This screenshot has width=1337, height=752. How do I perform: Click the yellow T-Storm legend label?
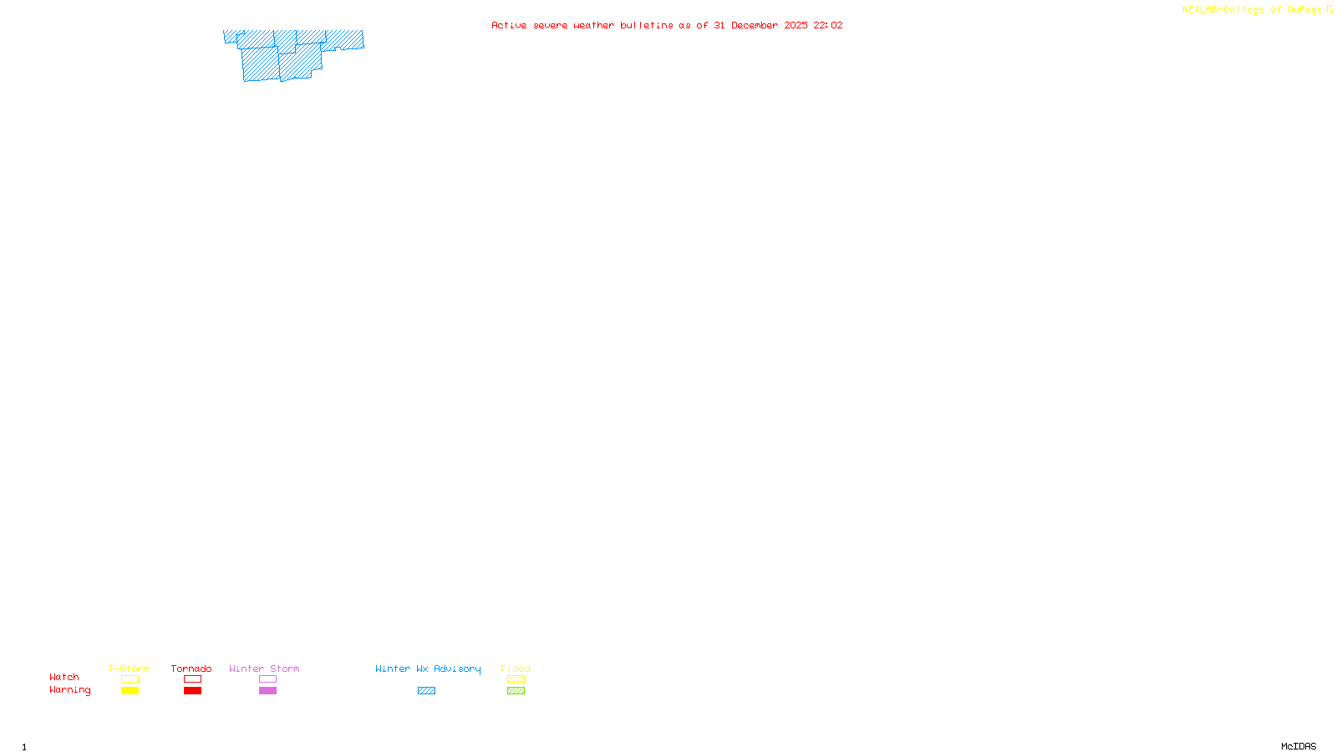click(129, 668)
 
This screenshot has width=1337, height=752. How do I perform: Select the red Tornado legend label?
click(191, 668)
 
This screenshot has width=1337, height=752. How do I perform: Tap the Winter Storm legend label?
click(264, 668)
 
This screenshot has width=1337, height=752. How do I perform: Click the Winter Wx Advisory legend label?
click(428, 668)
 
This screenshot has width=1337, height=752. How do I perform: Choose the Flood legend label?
click(516, 668)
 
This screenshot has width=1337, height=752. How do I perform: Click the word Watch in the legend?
click(64, 677)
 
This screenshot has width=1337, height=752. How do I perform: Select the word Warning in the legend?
click(70, 690)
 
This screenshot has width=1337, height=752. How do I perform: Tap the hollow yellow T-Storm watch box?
click(130, 679)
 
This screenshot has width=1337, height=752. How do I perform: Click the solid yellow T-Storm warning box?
click(130, 691)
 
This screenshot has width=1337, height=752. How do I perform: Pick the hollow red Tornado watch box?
click(192, 679)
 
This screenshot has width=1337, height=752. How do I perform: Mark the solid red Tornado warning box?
click(192, 691)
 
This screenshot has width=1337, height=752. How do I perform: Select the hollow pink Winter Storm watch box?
click(267, 679)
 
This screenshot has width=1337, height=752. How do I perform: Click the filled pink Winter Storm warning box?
click(267, 691)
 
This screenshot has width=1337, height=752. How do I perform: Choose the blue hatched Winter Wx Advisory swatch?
click(426, 691)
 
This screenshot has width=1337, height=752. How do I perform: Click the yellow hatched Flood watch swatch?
click(516, 679)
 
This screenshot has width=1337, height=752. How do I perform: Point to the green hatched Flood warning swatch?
click(516, 691)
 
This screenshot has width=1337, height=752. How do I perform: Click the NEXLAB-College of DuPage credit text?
click(1253, 10)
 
